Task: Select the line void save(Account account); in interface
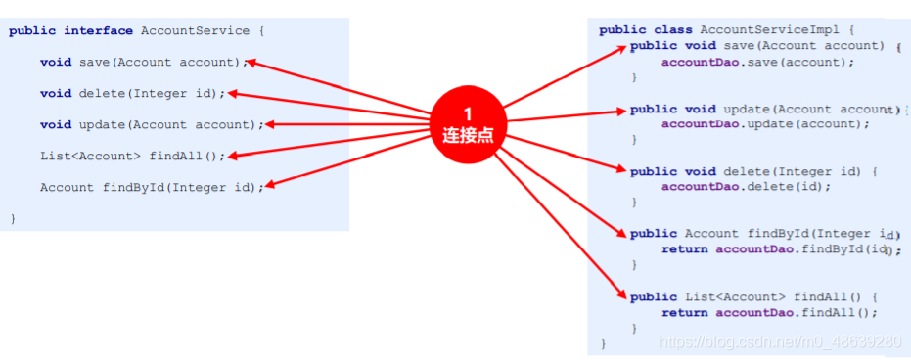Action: (x=140, y=63)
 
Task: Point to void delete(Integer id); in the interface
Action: (x=132, y=94)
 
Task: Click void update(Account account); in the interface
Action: (x=152, y=125)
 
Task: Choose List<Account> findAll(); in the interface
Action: (x=132, y=157)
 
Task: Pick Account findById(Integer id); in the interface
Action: (x=152, y=188)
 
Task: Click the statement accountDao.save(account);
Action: (x=757, y=62)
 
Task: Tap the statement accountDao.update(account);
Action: (x=765, y=124)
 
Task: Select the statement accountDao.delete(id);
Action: (x=746, y=187)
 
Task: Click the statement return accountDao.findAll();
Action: (x=769, y=313)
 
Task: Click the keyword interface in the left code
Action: (x=99, y=31)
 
